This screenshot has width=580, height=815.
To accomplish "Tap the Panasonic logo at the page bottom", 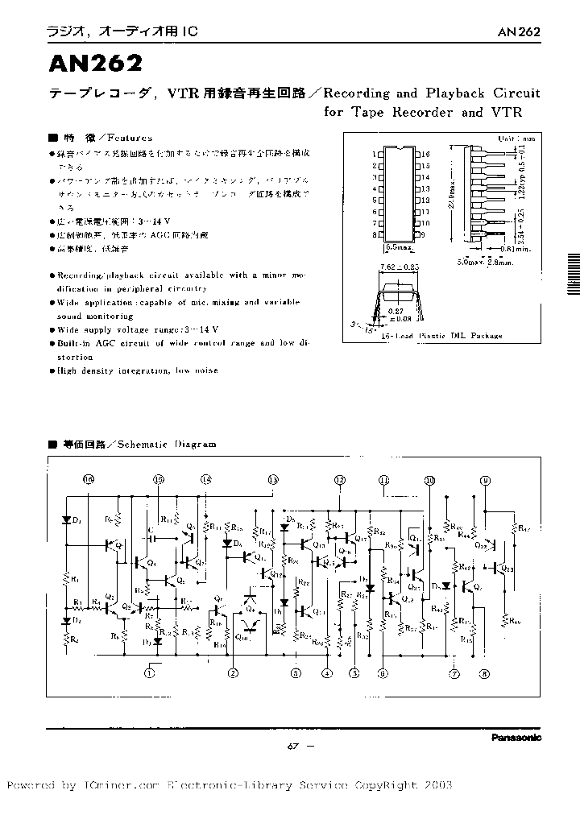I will (516, 737).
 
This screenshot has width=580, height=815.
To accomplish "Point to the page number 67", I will (293, 746).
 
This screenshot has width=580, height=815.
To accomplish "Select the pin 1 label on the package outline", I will (374, 153).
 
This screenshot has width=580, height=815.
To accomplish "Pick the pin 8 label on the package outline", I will (374, 235).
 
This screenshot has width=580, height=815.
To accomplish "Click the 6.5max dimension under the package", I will (396, 246).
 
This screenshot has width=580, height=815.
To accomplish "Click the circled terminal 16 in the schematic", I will (88, 479).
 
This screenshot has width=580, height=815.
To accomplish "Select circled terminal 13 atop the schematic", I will (273, 479).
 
